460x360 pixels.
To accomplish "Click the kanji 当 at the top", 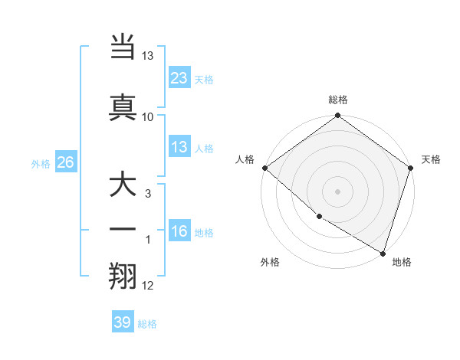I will tap(123, 48).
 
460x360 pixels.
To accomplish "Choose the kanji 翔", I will tap(123, 275).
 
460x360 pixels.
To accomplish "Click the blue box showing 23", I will tap(179, 78).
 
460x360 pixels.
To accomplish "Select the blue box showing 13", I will tap(179, 147).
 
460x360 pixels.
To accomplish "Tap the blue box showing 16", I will tap(179, 231).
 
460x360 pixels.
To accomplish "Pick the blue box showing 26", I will tap(65, 162).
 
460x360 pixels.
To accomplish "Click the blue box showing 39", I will tap(123, 322).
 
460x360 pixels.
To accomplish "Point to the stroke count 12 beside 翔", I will tap(148, 286).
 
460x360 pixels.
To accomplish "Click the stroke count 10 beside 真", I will tap(148, 116).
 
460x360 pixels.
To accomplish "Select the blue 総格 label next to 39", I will tap(147, 324).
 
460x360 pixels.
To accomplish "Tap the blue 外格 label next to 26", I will tap(41, 163).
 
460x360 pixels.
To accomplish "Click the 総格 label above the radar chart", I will tap(338, 100).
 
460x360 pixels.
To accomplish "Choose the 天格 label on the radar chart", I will tap(431, 159).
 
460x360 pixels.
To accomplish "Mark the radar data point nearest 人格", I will tap(264, 168).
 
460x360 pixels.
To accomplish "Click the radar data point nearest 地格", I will tap(382, 252).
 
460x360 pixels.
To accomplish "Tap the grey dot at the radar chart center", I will tap(338, 191).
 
